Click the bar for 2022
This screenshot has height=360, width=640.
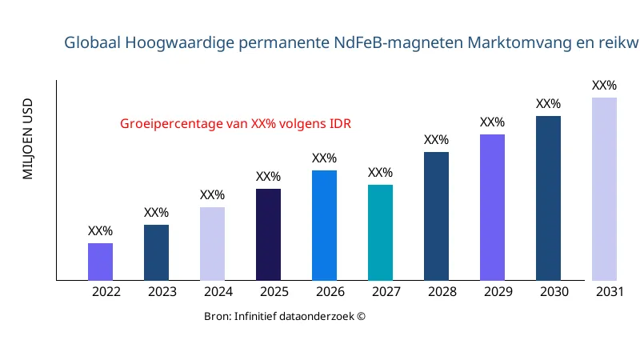coord(100,262)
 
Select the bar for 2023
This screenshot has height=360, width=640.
coord(156,253)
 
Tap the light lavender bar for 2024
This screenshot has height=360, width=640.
coord(212,244)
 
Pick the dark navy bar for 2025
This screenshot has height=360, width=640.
coord(268,234)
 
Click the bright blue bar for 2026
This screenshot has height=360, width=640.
coord(324,226)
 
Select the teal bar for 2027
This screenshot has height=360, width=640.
coord(380,233)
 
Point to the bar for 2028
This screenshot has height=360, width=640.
coord(436,216)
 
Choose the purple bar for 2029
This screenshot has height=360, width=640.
coord(492,207)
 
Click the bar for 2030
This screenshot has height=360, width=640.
coord(548,198)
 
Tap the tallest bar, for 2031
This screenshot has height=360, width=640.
coord(604,189)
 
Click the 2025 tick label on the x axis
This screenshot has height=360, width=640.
coord(274,292)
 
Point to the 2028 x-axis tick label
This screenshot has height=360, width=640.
coord(442,292)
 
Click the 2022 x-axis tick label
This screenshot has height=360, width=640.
coord(106,292)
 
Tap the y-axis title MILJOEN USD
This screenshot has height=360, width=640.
coord(28,139)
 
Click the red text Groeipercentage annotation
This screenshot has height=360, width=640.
coord(235,124)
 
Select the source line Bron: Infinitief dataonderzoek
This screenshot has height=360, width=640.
coord(285,316)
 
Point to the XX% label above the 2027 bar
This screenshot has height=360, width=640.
coord(380,173)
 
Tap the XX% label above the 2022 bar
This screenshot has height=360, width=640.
coord(100,231)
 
